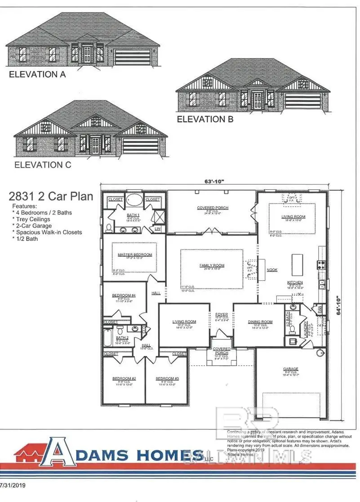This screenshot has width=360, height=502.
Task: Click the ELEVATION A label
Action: coord(37,75)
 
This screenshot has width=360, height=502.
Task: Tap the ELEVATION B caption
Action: coord(206,119)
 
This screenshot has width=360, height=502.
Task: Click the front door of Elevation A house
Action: coord(87,54)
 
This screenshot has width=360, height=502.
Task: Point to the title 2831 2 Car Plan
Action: coord(51,196)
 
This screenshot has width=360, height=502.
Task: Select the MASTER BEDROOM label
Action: coord(135,255)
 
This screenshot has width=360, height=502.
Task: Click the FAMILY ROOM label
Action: coord(212,266)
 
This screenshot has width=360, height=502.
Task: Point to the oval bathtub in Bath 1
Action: coord(133,200)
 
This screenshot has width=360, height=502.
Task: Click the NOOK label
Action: coord(271,271)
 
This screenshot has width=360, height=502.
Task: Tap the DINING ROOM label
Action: coord(260,322)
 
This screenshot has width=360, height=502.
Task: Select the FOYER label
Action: coord(221,315)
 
